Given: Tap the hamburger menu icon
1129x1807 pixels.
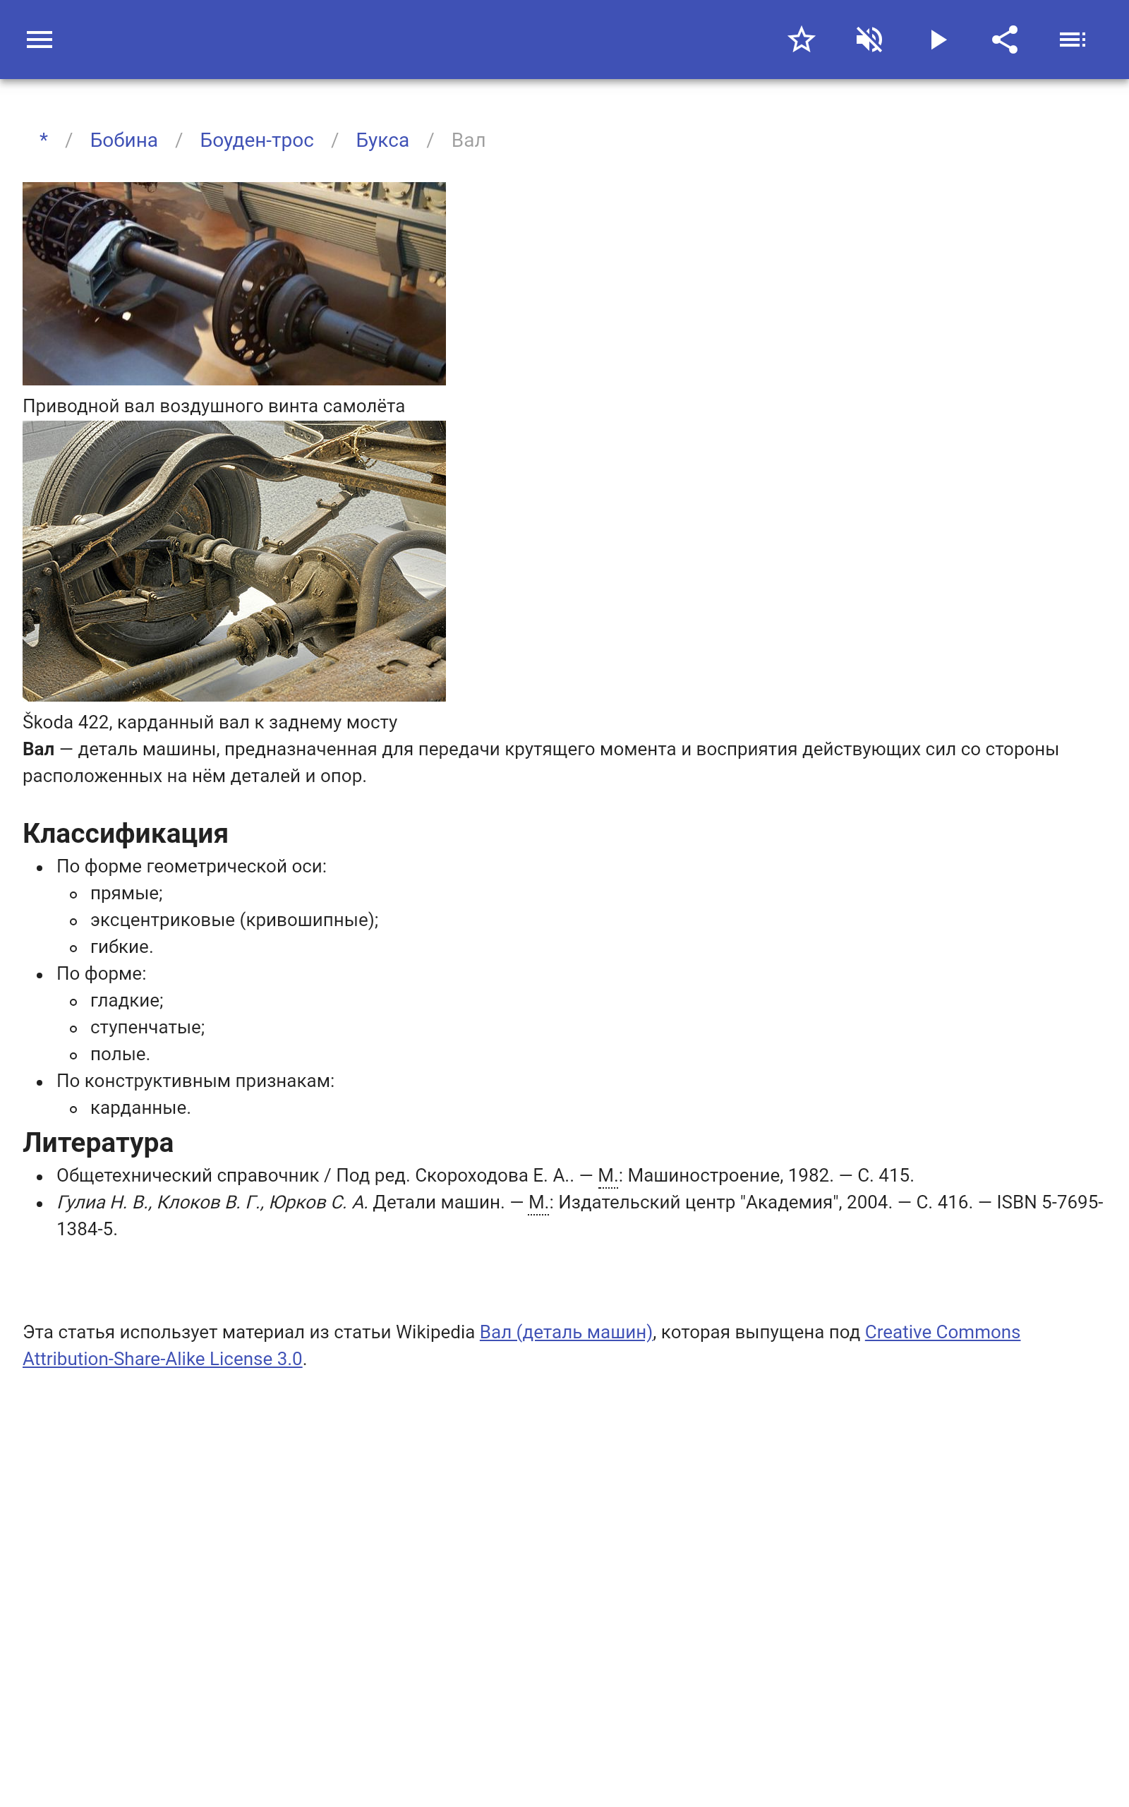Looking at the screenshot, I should pyautogui.click(x=40, y=40).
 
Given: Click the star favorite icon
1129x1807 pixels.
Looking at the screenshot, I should pyautogui.click(x=801, y=40).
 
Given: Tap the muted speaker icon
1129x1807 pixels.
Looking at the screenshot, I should pyautogui.click(x=869, y=40).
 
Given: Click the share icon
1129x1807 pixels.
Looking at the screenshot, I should pyautogui.click(x=1005, y=40).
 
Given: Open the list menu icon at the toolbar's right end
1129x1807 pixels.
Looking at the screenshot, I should pyautogui.click(x=1073, y=40).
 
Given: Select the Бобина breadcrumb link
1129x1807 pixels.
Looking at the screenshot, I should pyautogui.click(x=124, y=140).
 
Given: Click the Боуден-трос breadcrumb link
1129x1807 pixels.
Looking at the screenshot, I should pyautogui.click(x=257, y=140).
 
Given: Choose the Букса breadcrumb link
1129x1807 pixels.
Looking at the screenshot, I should pyautogui.click(x=382, y=140).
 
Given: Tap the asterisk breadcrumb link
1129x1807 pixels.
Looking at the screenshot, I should pyautogui.click(x=44, y=140).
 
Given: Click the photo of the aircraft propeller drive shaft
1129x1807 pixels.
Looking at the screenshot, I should pyautogui.click(x=234, y=284).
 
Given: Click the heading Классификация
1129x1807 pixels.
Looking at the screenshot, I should pyautogui.click(x=126, y=834).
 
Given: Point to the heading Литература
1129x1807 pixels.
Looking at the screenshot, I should pyautogui.click(x=98, y=1143).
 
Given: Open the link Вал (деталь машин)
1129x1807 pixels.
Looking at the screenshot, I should pyautogui.click(x=566, y=1332).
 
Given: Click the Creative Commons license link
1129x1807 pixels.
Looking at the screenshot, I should pyautogui.click(x=942, y=1332).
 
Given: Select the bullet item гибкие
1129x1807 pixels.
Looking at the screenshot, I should pyautogui.click(x=121, y=947).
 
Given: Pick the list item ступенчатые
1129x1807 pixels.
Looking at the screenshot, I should pyautogui.click(x=147, y=1028).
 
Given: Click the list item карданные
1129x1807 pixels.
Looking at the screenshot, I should pyautogui.click(x=140, y=1108).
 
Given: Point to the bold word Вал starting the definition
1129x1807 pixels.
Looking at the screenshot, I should pyautogui.click(x=39, y=749).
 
